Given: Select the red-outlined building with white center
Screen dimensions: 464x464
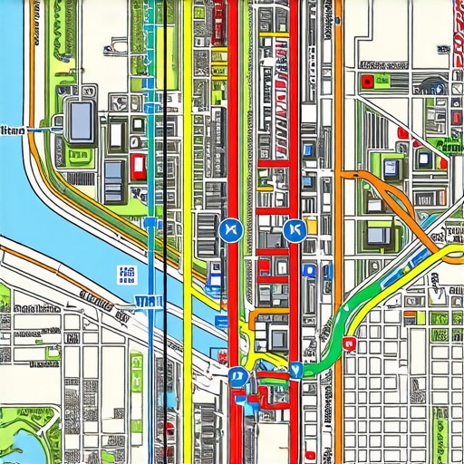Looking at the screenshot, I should (138, 165).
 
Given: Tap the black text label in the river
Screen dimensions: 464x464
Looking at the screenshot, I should (12, 131).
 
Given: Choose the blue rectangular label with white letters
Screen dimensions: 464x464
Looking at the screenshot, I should (144, 302).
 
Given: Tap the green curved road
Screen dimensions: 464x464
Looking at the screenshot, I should (362, 299).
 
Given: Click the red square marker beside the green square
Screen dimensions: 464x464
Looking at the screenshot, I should (366, 82).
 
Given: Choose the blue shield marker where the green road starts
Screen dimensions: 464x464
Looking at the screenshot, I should (294, 370).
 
